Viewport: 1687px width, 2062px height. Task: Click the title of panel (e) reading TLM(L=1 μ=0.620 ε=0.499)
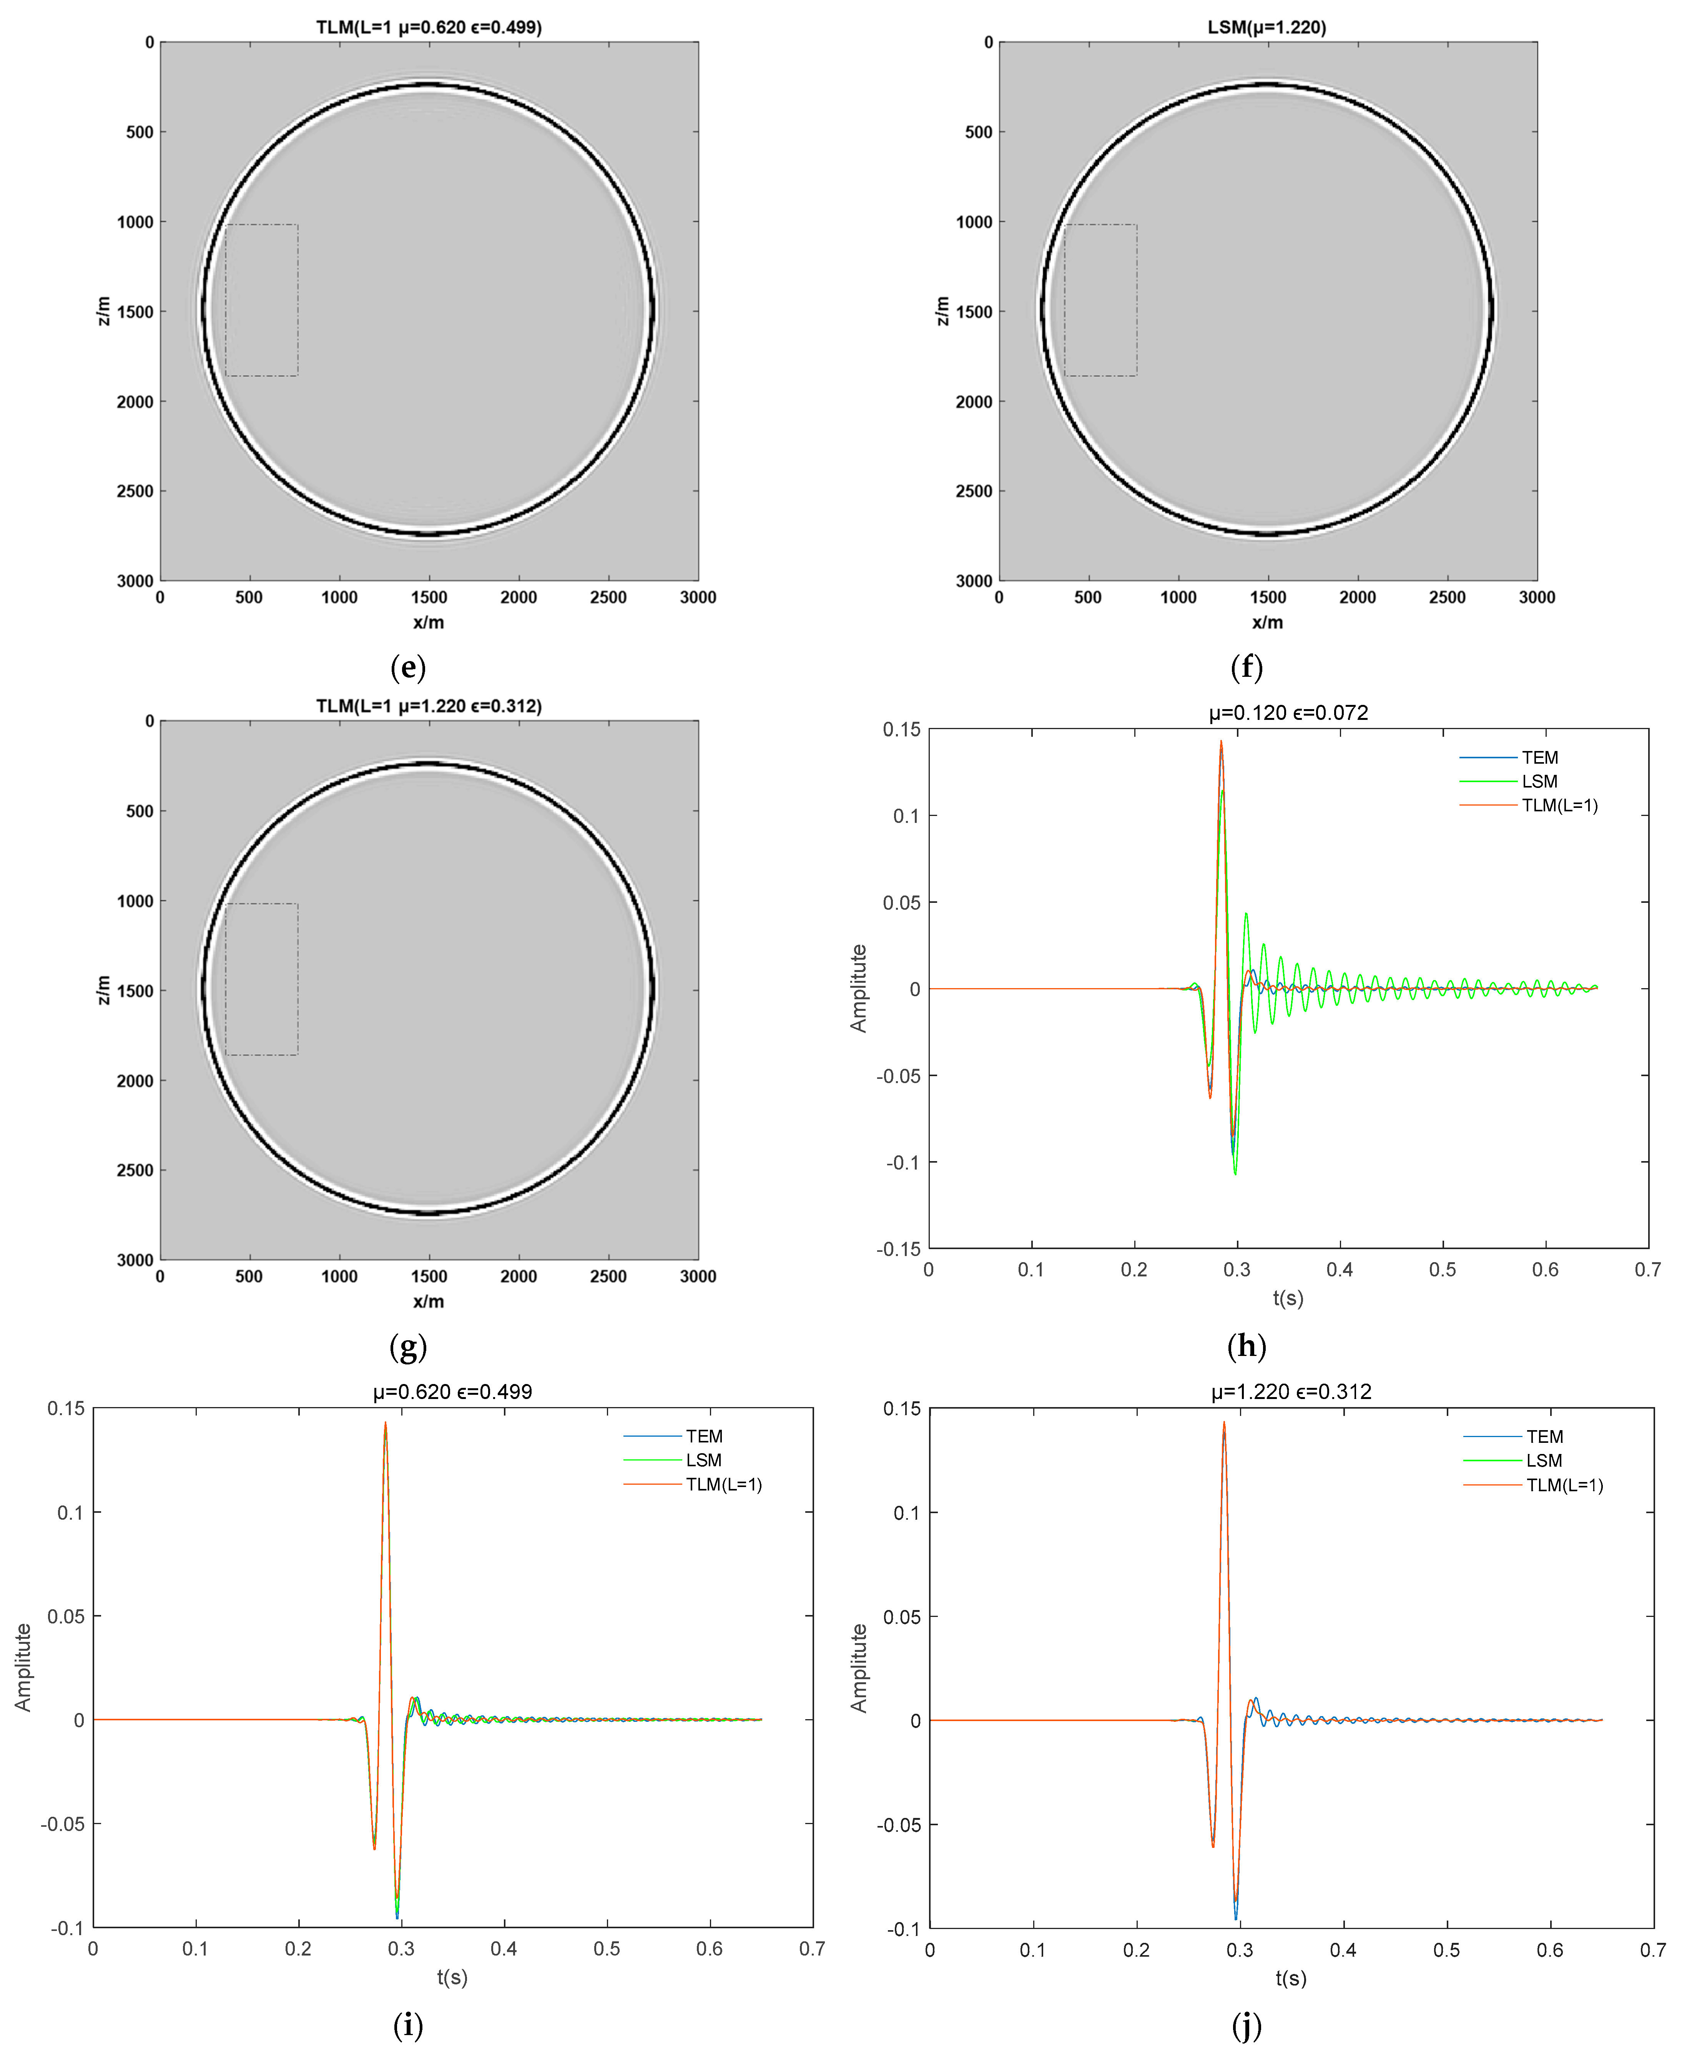(429, 27)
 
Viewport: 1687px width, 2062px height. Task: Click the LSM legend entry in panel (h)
(1539, 781)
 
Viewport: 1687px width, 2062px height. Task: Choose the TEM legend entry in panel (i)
(703, 1436)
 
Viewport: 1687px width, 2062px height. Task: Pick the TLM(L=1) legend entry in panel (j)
(1564, 1485)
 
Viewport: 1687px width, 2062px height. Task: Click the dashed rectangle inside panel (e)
(261, 300)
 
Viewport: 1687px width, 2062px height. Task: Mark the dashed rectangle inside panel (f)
(1100, 300)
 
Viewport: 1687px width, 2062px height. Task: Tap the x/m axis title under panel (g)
(429, 1301)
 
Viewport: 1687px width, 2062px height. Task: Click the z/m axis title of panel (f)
(941, 311)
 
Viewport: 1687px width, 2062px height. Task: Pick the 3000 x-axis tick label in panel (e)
(698, 597)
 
